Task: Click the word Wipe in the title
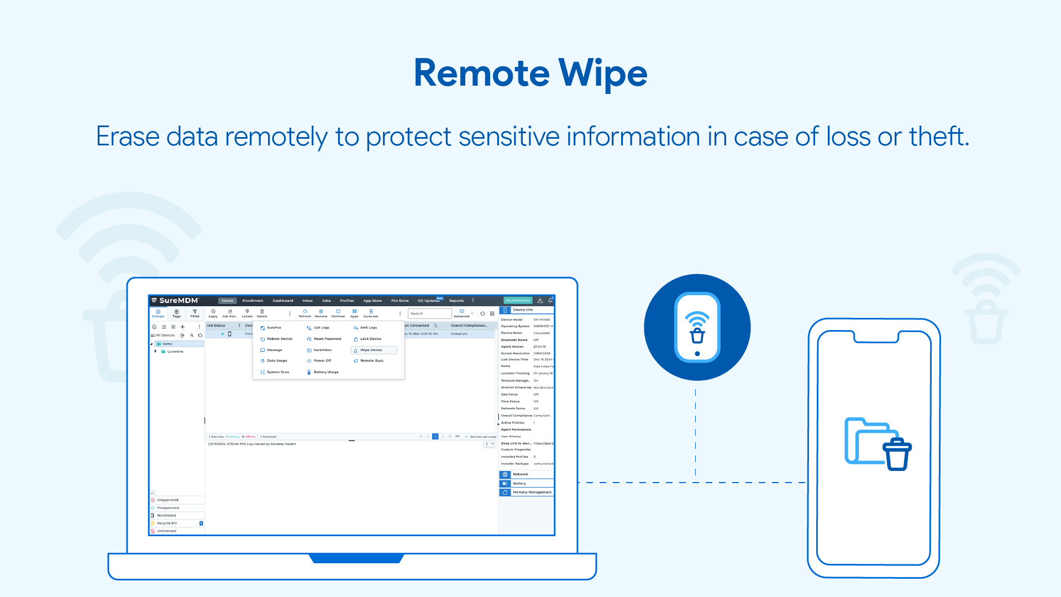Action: click(x=602, y=74)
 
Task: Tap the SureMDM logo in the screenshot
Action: click(x=175, y=301)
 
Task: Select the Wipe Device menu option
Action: click(x=371, y=350)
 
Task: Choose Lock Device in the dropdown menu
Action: click(x=370, y=339)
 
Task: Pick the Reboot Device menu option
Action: click(x=279, y=339)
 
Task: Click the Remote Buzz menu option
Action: click(x=371, y=361)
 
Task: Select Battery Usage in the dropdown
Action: click(x=325, y=372)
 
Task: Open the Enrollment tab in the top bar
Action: click(x=253, y=301)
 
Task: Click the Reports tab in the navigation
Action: click(x=456, y=301)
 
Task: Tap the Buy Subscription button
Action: click(x=518, y=301)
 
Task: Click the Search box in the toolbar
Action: click(x=429, y=313)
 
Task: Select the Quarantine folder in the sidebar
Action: click(x=175, y=352)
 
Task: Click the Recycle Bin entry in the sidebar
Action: click(x=167, y=523)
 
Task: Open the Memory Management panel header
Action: click(x=532, y=492)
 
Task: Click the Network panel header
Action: click(x=521, y=474)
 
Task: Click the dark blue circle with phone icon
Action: click(x=697, y=327)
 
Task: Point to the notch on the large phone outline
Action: click(x=876, y=337)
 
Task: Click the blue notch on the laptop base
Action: click(x=356, y=558)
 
